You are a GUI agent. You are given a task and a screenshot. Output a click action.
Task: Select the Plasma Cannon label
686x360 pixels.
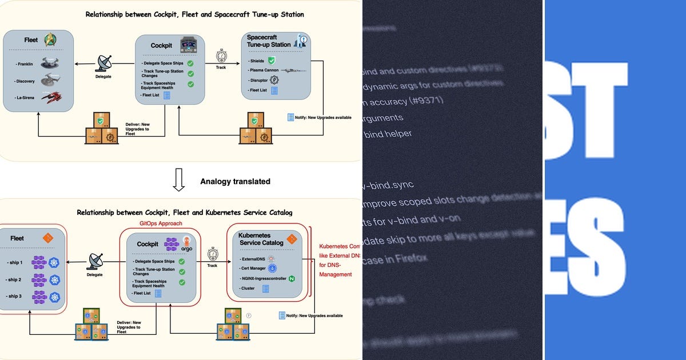[x=264, y=70]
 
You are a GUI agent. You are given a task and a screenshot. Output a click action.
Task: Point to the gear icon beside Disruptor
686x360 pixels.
[x=273, y=80]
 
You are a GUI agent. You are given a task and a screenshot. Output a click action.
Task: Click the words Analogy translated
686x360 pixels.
[x=235, y=181]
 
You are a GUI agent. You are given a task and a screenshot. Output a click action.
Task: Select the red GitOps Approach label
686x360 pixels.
[x=162, y=223]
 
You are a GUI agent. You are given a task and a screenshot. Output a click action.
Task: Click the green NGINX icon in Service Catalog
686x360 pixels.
[x=292, y=279]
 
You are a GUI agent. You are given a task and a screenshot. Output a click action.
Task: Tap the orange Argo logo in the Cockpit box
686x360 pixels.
[x=186, y=243]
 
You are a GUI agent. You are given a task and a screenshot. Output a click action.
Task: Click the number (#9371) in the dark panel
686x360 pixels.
[x=426, y=101]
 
